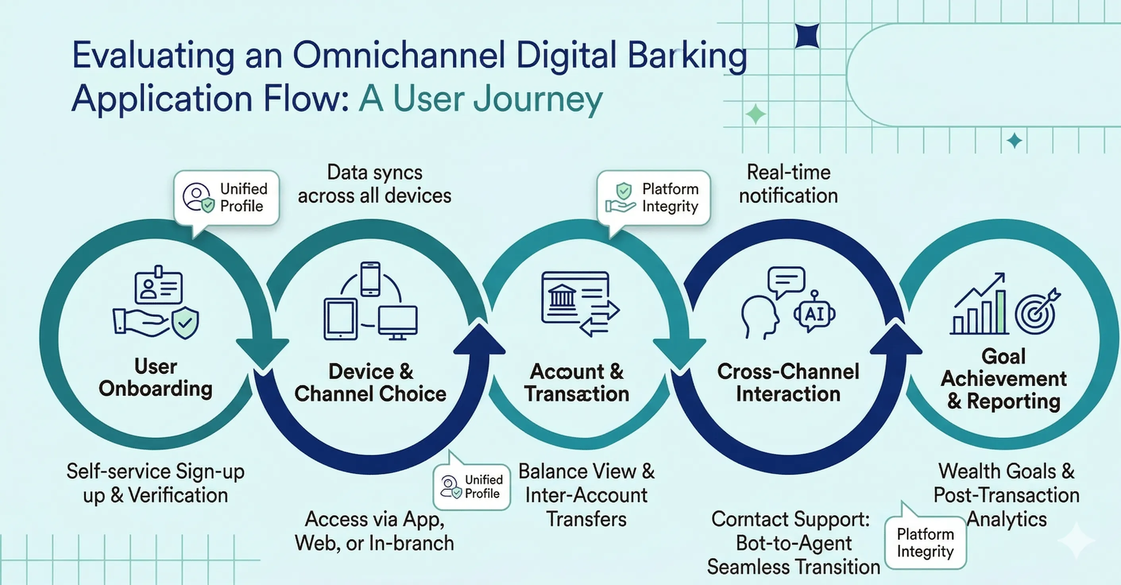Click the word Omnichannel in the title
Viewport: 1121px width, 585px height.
point(398,56)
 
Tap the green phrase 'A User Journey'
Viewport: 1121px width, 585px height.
point(480,99)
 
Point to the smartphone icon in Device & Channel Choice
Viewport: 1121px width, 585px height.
point(370,279)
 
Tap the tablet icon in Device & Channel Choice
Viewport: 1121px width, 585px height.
point(340,319)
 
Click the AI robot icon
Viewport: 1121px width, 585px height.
point(814,313)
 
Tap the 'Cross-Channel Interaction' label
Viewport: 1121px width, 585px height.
point(788,383)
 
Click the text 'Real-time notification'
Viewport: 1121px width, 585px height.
point(788,184)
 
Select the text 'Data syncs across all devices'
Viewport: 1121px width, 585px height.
point(374,184)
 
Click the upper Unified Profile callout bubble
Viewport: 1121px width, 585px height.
point(226,198)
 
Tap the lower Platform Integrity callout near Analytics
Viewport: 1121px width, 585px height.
point(925,542)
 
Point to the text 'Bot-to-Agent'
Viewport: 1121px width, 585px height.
point(793,543)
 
